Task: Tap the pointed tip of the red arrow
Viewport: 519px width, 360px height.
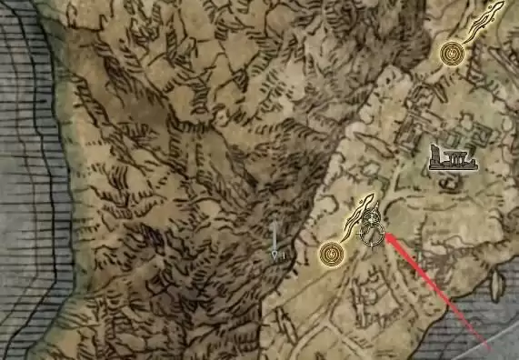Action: [x=385, y=235]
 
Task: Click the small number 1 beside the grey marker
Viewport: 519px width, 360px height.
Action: [x=284, y=256]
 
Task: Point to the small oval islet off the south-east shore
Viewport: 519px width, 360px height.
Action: [x=495, y=285]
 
